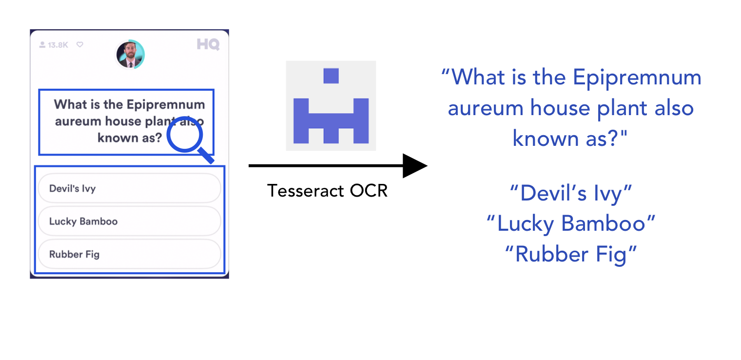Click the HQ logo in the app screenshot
[x=208, y=44]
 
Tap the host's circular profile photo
[x=130, y=55]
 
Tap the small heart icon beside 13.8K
[x=80, y=44]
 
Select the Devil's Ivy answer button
[x=129, y=188]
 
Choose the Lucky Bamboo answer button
[x=129, y=221]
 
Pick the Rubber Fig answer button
[x=129, y=254]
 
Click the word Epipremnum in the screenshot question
[x=166, y=104]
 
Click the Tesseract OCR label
[x=327, y=191]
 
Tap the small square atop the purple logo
[x=331, y=76]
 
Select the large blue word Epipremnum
[x=637, y=78]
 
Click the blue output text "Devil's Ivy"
[x=571, y=194]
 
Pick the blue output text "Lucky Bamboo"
[x=571, y=224]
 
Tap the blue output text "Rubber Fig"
[x=571, y=255]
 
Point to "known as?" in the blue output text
[x=569, y=139]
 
